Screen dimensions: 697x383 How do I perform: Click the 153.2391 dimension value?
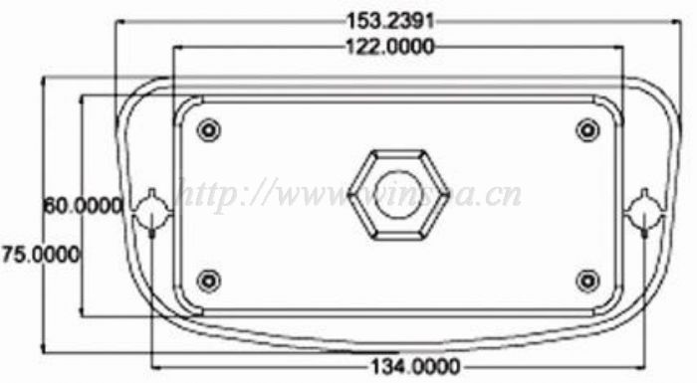pos(390,21)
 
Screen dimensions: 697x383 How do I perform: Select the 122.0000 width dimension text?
pos(390,47)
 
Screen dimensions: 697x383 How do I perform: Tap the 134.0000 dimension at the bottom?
pos(415,367)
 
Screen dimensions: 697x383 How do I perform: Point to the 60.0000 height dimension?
pos(83,206)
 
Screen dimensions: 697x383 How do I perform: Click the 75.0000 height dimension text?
pos(41,255)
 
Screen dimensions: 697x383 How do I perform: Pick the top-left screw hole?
pos(208,129)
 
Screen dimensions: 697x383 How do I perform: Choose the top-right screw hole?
pos(587,129)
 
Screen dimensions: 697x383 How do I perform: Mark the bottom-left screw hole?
pos(208,281)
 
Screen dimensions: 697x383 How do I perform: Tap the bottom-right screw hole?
pos(587,281)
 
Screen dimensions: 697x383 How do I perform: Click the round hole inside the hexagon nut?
pos(398,195)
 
